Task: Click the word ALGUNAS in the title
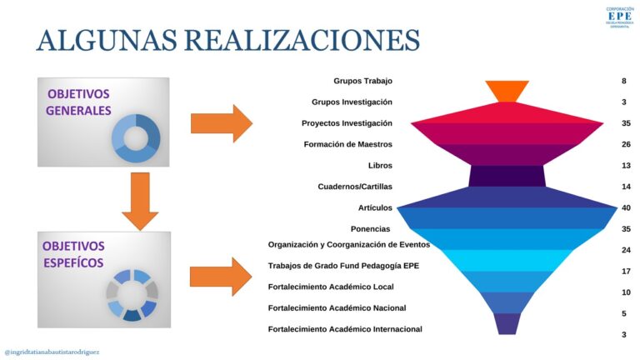107,40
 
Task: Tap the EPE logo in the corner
620,17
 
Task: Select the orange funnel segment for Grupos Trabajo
507,92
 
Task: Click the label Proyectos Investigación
347,123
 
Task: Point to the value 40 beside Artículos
626,207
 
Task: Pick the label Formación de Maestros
347,144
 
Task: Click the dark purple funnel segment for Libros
507,176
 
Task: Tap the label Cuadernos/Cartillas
355,187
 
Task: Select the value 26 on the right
626,144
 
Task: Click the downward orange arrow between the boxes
140,201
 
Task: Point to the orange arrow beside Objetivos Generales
222,123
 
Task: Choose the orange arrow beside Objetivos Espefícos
221,277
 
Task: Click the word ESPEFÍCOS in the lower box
73,262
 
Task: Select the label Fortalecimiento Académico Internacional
345,329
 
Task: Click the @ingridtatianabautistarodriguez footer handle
52,352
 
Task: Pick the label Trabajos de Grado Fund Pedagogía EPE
343,266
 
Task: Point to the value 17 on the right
626,271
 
